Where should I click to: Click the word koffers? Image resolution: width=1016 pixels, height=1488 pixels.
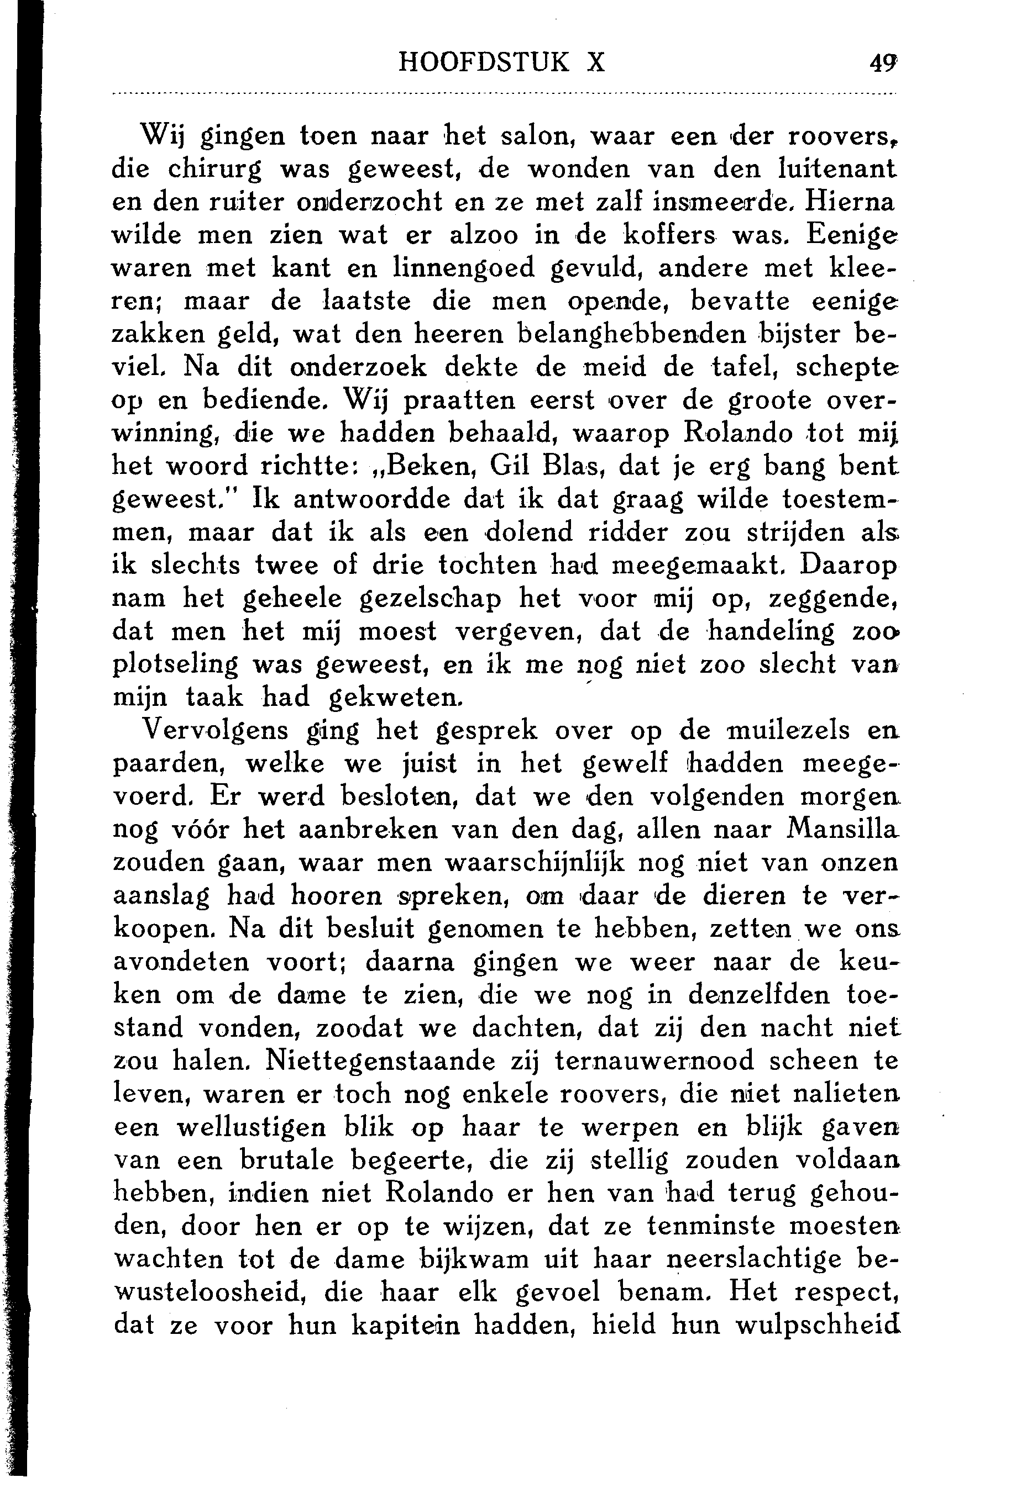(x=671, y=234)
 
